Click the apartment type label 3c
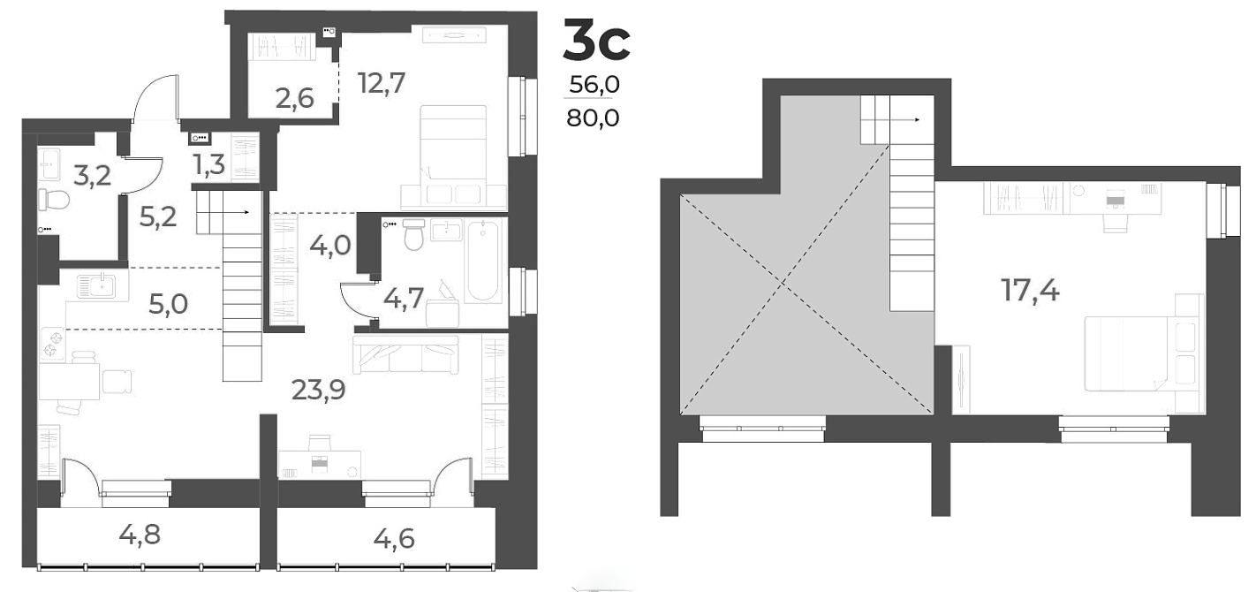(597, 43)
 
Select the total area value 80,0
(593, 117)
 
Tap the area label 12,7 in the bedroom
(382, 83)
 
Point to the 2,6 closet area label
(293, 98)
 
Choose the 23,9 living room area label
(319, 389)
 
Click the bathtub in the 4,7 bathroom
(484, 262)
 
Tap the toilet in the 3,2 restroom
(57, 200)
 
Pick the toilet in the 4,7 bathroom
(413, 236)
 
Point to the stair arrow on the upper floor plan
(916, 119)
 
